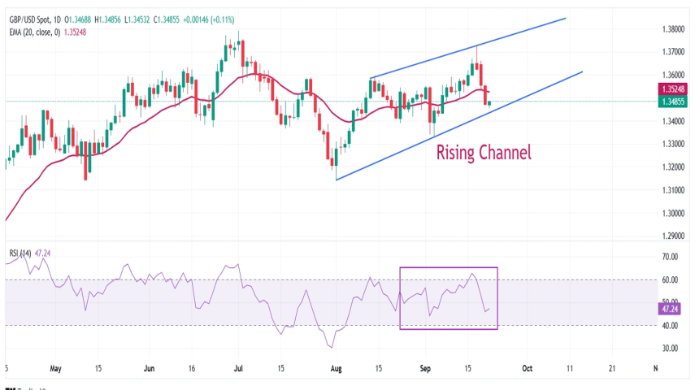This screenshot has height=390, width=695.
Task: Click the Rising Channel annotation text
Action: tap(484, 152)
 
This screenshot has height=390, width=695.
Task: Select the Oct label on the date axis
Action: tap(526, 368)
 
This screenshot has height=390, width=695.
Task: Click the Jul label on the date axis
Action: tap(239, 368)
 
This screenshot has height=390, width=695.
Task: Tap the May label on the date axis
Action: tap(55, 368)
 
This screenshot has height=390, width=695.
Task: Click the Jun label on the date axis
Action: tap(150, 368)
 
